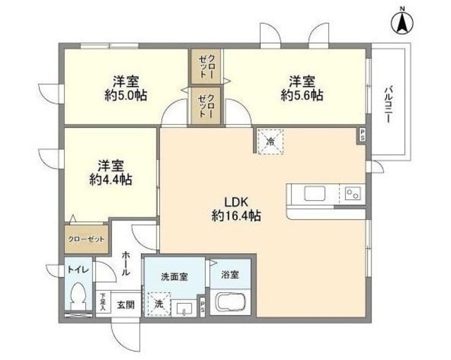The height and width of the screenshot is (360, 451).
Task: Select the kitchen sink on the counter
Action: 311,192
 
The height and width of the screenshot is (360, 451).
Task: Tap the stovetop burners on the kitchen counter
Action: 352,192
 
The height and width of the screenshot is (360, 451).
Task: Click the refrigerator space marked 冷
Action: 271,141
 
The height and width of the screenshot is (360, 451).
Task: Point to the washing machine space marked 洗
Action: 159,304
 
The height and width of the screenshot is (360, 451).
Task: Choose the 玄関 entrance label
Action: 125,304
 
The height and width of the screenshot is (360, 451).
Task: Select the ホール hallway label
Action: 125,263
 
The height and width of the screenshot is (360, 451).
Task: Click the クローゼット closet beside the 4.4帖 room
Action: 86,239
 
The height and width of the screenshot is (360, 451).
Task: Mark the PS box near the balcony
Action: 362,135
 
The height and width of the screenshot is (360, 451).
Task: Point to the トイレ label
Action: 75,268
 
